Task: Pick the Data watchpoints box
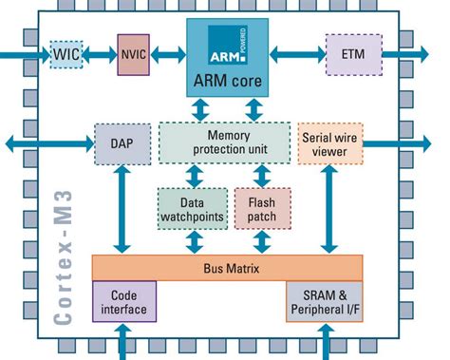pyautogui.click(x=192, y=209)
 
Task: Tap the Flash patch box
pyautogui.click(x=262, y=209)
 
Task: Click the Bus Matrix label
pyautogui.click(x=227, y=269)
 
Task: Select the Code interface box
pyautogui.click(x=123, y=302)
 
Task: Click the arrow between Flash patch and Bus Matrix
pyautogui.click(x=262, y=243)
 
